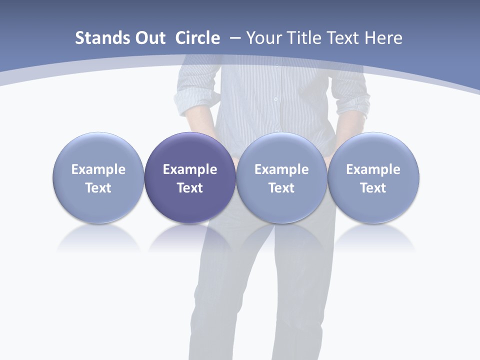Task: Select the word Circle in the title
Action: (197, 38)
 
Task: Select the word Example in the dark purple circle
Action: (190, 169)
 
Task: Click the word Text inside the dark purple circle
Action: (190, 188)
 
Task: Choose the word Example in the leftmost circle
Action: (98, 169)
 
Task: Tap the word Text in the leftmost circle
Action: (98, 188)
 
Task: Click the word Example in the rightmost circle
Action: (373, 169)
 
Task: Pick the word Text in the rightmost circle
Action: (373, 188)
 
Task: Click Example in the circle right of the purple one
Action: (281, 169)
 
